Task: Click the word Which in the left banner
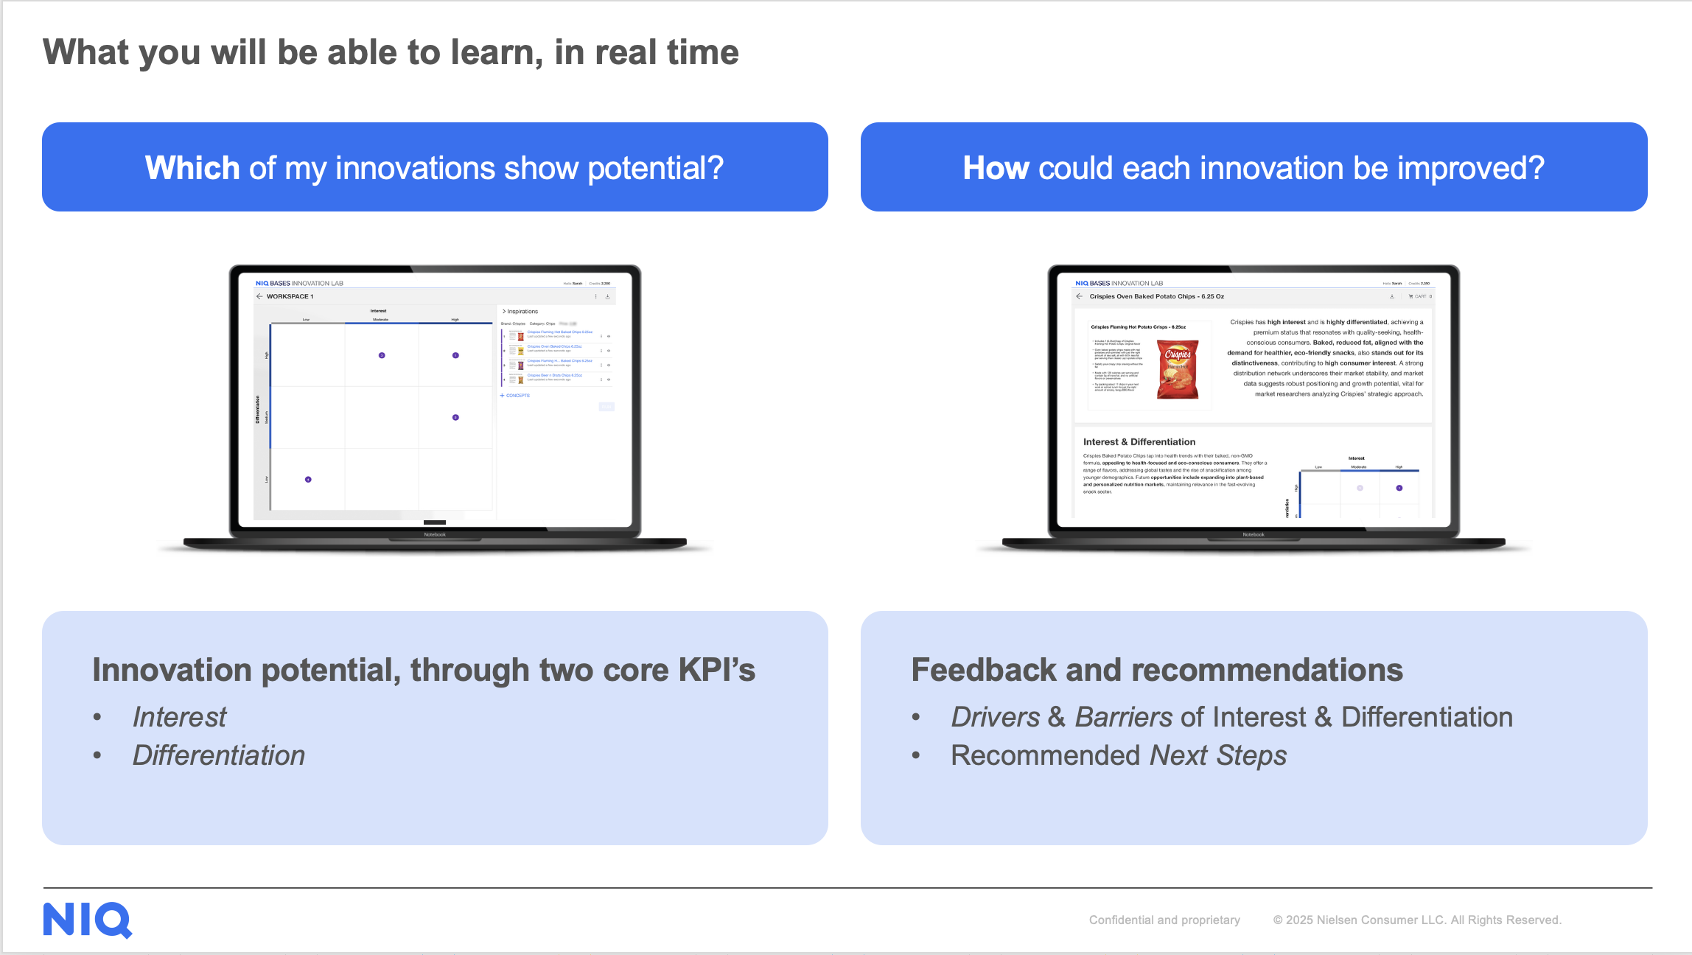[192, 168]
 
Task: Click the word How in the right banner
[996, 168]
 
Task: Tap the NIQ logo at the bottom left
[87, 920]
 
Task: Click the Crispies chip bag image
[1178, 369]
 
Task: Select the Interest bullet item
[179, 717]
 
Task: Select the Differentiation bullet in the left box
[218, 755]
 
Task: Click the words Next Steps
[1217, 755]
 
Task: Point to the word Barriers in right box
[1123, 717]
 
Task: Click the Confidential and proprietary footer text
[1164, 920]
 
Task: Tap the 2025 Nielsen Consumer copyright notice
[1416, 920]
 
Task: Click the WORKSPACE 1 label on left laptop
[290, 296]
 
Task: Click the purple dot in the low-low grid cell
[308, 480]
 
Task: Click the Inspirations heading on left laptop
[522, 312]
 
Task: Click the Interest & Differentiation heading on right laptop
[1139, 442]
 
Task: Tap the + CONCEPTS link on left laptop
[515, 396]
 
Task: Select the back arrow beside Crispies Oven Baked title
[1080, 296]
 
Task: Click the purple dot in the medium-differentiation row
[455, 418]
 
